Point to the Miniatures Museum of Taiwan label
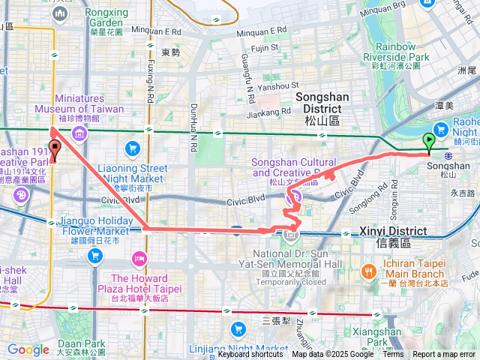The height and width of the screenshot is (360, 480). coord(79,109)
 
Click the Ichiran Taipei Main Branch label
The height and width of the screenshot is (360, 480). coord(406,271)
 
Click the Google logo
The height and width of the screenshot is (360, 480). coord(28,349)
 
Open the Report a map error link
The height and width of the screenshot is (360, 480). coord(445,355)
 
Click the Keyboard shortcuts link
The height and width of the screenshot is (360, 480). coord(250,355)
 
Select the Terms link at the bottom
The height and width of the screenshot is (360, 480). coord(393,355)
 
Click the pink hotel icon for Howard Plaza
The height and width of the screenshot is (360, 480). coord(139,259)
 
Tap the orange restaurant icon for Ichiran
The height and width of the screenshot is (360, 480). coord(368,271)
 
